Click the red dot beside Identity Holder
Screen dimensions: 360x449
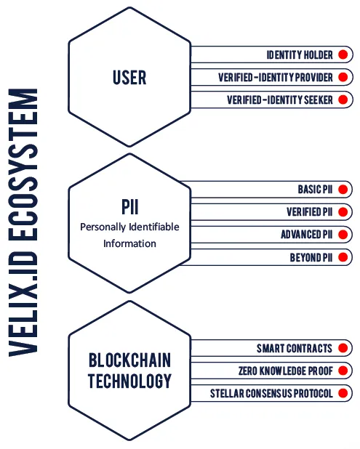coord(343,54)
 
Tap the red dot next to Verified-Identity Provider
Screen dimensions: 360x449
coord(343,77)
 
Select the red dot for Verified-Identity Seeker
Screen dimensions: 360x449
coord(343,100)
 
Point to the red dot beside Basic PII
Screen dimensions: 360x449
coord(343,190)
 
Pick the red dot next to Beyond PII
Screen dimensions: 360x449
coord(343,257)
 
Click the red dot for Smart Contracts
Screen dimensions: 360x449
coord(343,348)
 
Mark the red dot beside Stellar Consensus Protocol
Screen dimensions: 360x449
coord(343,393)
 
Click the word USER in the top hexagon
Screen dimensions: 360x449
coord(129,78)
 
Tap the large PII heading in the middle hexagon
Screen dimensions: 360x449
coord(130,207)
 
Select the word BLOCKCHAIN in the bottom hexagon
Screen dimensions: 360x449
coord(130,360)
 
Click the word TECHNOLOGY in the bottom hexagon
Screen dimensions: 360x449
coord(130,381)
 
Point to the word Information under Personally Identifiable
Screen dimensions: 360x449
coord(130,243)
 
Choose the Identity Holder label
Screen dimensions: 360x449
coord(300,54)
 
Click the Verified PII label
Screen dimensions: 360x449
coord(310,212)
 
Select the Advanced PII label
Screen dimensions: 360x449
coord(307,235)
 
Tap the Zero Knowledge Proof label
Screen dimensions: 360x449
coord(286,371)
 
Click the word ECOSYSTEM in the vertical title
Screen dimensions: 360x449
coord(23,165)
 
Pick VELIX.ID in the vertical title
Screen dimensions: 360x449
coord(23,304)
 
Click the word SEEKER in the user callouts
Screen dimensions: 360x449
coord(319,100)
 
